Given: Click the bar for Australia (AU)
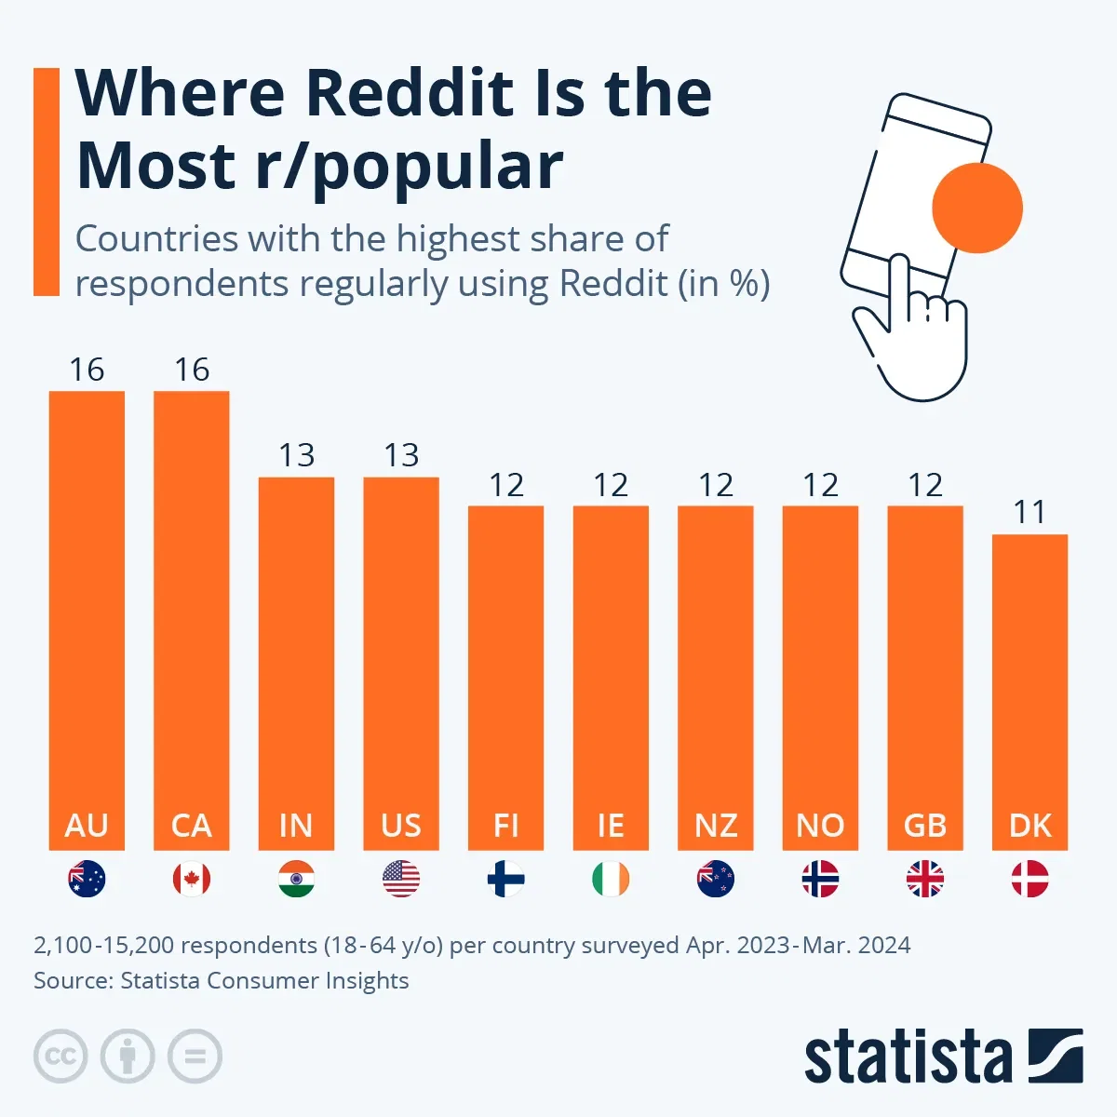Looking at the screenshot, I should pyautogui.click(x=87, y=614).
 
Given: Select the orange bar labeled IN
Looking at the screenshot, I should pyautogui.click(x=296, y=652).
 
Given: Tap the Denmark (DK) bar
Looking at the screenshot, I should pyautogui.click(x=1030, y=689).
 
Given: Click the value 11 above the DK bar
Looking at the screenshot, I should pyautogui.click(x=1030, y=512).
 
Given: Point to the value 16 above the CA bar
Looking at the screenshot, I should pyautogui.click(x=192, y=370).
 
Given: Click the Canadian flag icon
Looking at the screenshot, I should pyautogui.click(x=192, y=879).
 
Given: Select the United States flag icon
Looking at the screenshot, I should pyautogui.click(x=401, y=879).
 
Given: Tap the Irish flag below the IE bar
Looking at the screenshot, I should pyautogui.click(x=611, y=879).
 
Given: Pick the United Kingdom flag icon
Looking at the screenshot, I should pyautogui.click(x=925, y=879).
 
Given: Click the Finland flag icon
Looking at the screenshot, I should pyautogui.click(x=506, y=879).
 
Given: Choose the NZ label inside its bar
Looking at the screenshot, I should pyautogui.click(x=716, y=826).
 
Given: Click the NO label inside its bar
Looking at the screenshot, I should pyautogui.click(x=820, y=826).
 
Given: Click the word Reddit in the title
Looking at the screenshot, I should pyautogui.click(x=410, y=93).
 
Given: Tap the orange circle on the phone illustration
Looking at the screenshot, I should pyautogui.click(x=977, y=208).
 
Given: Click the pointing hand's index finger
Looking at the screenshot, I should pyautogui.click(x=899, y=289).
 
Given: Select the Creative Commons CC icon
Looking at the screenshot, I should pyautogui.click(x=61, y=1056).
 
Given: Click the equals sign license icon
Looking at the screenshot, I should pyautogui.click(x=195, y=1056).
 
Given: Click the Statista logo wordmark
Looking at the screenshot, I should pyautogui.click(x=908, y=1056).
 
